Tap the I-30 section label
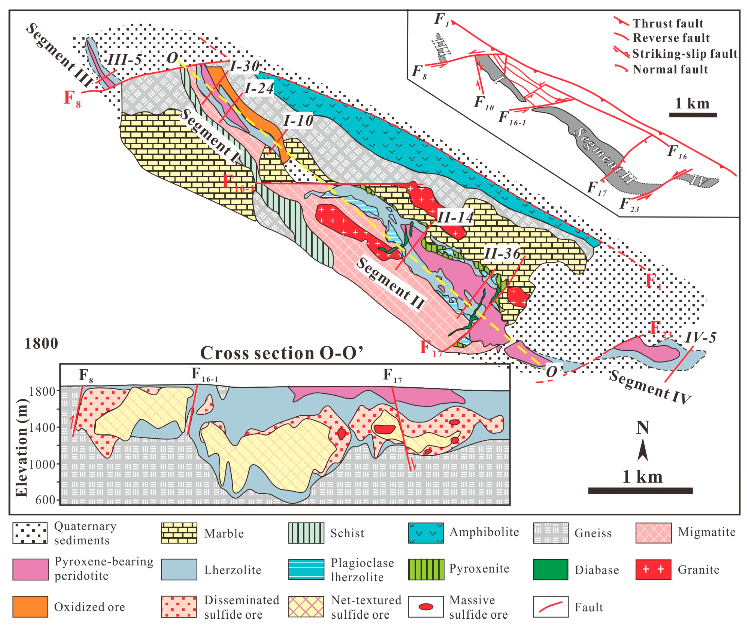pyautogui.click(x=245, y=66)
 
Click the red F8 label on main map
pyautogui.click(x=72, y=98)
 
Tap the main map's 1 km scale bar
pyautogui.click(x=640, y=491)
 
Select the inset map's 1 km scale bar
pyautogui.click(x=692, y=115)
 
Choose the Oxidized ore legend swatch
pyautogui.click(x=30, y=607)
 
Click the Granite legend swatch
pyautogui.click(x=653, y=569)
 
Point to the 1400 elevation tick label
pyautogui.click(x=42, y=427)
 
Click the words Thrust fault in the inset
pyautogui.click(x=668, y=24)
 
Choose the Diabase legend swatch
pyautogui.click(x=550, y=569)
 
